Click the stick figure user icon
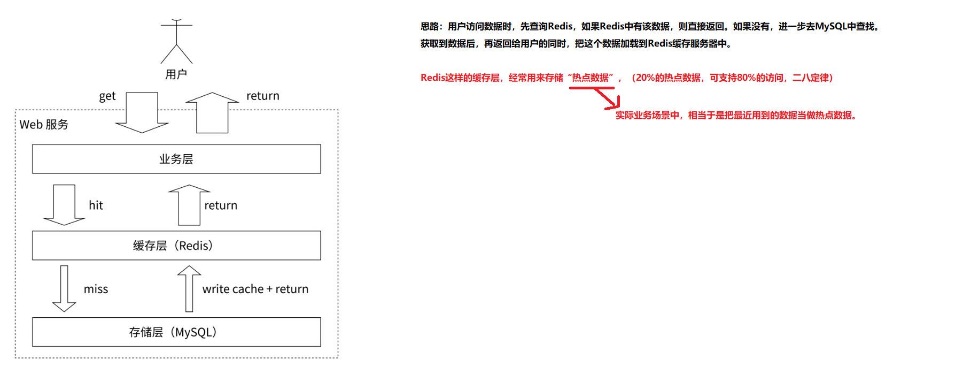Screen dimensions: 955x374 point(176,42)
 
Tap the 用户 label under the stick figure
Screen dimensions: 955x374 point(176,74)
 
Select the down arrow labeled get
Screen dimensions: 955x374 point(142,112)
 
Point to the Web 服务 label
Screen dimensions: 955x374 point(44,125)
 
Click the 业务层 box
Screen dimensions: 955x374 point(176,159)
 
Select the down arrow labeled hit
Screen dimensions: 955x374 point(64,205)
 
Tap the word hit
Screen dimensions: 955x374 point(96,205)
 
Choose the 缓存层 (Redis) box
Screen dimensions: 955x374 point(176,246)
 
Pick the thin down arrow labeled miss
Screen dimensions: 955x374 point(64,288)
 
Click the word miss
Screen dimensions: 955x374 point(96,289)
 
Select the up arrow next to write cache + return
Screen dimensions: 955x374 point(189,288)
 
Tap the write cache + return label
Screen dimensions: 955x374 point(255,289)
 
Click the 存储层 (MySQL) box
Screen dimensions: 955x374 point(176,332)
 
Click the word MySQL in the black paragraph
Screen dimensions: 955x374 point(831,26)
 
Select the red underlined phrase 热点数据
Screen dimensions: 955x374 point(591,78)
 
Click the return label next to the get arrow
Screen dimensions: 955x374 point(262,96)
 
